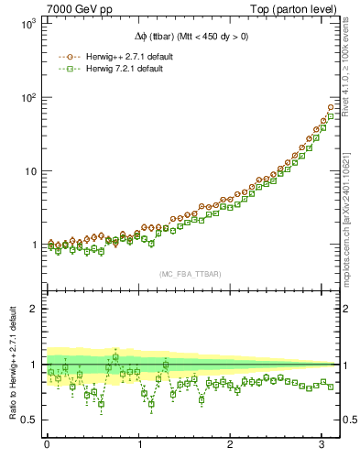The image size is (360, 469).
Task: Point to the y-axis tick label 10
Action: coord(32,171)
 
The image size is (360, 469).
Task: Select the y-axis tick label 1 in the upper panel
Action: coord(36,245)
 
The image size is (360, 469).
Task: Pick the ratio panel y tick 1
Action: coord(36,365)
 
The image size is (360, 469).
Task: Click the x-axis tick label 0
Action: coord(47,446)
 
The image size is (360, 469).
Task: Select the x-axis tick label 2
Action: coord(231,446)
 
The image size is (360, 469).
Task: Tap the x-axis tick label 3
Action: coord(322,446)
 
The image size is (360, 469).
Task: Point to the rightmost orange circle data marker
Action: coord(331,107)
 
